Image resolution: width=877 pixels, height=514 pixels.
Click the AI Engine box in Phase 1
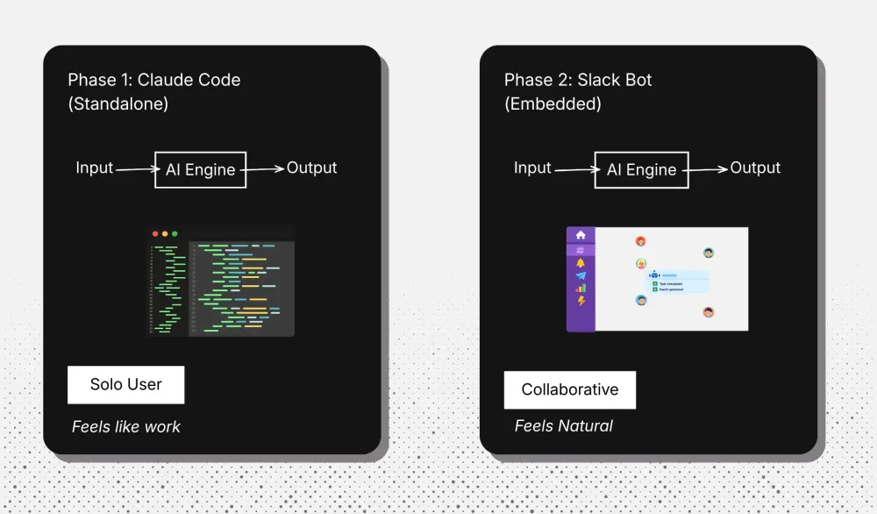coord(200,169)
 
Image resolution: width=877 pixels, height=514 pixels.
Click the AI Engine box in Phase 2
coord(641,169)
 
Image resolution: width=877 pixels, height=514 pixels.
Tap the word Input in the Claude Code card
coord(95,168)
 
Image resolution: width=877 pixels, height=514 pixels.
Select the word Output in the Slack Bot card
coord(755,168)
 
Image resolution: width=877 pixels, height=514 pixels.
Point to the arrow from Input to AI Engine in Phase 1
coord(134,169)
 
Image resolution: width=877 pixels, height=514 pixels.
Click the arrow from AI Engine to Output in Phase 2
coord(706,169)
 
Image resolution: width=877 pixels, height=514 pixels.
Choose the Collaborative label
coord(569,389)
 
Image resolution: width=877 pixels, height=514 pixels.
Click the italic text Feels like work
coord(126,427)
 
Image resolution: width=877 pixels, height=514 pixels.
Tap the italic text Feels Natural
coord(563,426)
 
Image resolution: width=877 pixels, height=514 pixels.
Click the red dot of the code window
coord(155,234)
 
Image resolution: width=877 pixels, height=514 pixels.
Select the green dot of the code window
coord(175,234)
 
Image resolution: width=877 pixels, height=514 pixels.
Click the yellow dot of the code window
coord(165,234)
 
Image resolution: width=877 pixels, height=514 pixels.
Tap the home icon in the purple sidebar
coord(581,235)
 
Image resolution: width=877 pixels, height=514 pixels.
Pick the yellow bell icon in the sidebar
coord(581,263)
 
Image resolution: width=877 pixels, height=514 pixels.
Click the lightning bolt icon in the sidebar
coord(581,301)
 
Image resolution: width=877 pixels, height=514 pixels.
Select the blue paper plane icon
coord(581,275)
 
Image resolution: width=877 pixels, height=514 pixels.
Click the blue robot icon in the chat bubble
coord(654,275)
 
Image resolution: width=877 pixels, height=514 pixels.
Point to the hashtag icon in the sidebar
coord(581,250)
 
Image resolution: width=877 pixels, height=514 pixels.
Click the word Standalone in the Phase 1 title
coord(118,104)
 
